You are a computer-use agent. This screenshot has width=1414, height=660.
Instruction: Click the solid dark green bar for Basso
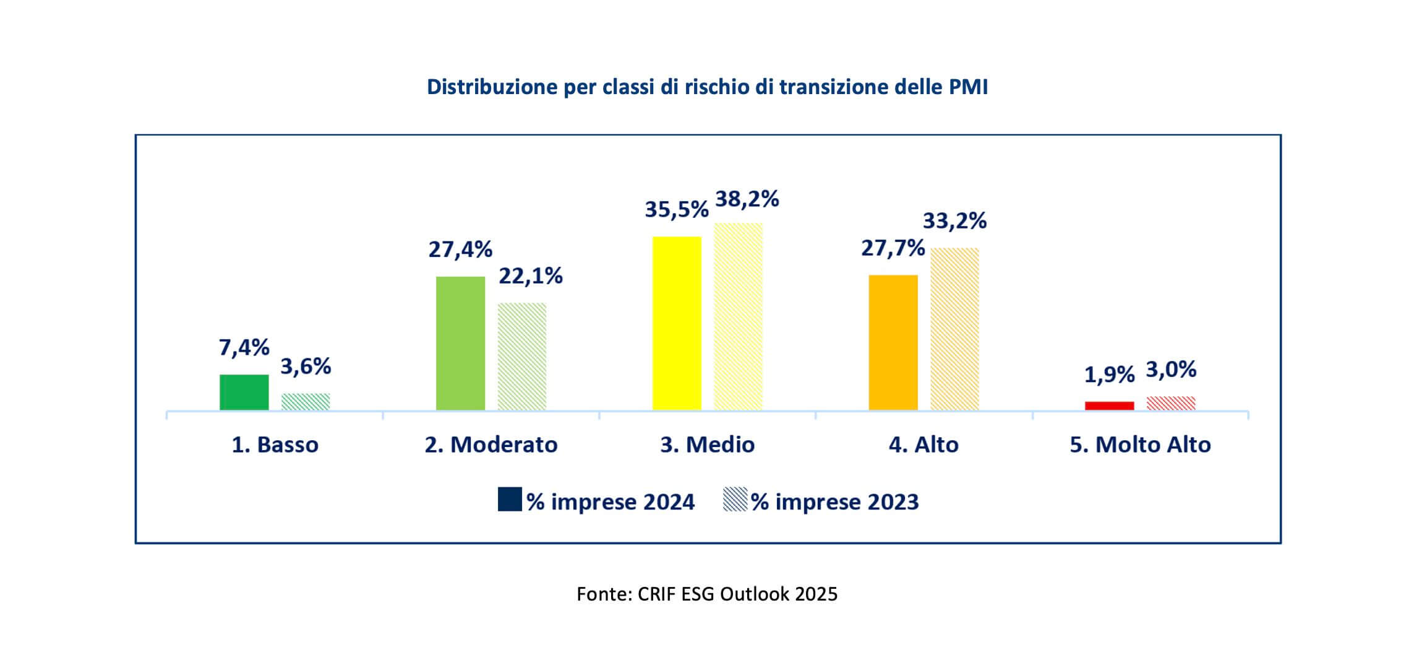click(244, 392)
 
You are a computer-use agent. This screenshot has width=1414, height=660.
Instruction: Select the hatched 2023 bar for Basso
click(306, 401)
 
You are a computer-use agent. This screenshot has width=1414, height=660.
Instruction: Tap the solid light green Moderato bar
click(460, 343)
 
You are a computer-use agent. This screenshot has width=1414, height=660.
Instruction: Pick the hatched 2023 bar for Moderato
click(522, 356)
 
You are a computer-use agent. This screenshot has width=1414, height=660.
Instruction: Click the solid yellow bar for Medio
click(677, 323)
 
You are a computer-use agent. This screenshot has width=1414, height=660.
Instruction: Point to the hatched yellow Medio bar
click(738, 316)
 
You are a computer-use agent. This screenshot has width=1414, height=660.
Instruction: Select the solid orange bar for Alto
click(893, 342)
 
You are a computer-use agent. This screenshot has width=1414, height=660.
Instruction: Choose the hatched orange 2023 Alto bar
click(954, 329)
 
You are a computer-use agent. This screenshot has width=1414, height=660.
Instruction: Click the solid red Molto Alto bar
click(1109, 406)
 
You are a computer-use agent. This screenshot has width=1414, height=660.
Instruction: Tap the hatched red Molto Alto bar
click(1171, 403)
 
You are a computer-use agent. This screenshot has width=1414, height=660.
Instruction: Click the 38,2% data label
click(747, 199)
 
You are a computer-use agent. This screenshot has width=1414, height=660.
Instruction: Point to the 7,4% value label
click(244, 348)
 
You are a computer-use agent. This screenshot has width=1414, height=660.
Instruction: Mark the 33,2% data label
click(954, 221)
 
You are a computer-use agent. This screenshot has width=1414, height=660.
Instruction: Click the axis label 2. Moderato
click(491, 445)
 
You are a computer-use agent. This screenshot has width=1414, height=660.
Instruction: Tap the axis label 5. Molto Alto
click(1140, 445)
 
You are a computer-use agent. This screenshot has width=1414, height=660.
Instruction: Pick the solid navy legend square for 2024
click(510, 499)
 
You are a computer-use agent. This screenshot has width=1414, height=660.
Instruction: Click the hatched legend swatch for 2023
click(735, 499)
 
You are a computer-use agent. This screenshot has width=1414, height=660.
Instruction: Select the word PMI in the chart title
click(968, 87)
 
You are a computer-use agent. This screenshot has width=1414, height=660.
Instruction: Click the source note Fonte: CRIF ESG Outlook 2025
click(707, 594)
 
